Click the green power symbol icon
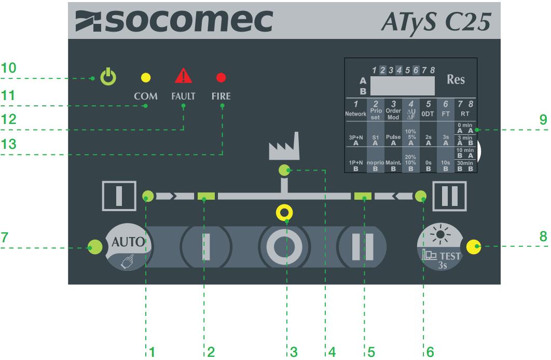[x=108, y=77]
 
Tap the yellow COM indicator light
[x=146, y=78]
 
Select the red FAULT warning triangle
[x=184, y=76]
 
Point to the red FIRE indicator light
[x=221, y=78]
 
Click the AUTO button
[x=128, y=247]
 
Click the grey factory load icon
[x=284, y=146]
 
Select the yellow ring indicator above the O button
[x=284, y=213]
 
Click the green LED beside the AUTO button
[x=95, y=247]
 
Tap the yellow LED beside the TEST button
[x=474, y=247]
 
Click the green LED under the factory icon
[x=284, y=170]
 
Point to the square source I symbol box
[x=119, y=196]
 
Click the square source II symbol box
[x=449, y=196]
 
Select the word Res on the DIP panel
[x=456, y=79]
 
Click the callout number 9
[x=543, y=119]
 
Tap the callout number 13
[x=8, y=144]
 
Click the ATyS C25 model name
[x=436, y=22]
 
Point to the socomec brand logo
[x=174, y=21]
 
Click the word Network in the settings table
[x=355, y=114]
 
